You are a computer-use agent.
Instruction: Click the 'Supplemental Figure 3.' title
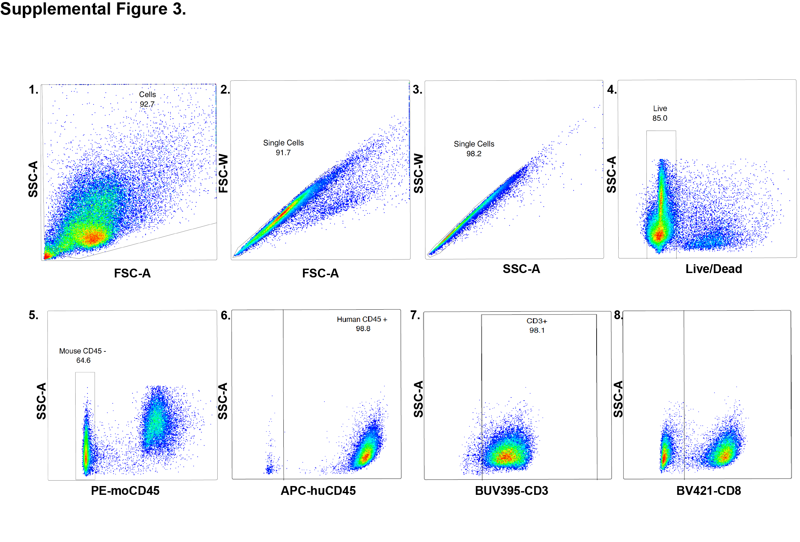click(x=93, y=9)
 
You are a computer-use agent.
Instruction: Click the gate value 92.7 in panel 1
click(x=147, y=104)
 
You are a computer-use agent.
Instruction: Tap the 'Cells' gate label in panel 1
click(x=147, y=94)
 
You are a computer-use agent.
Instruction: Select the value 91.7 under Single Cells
click(x=283, y=153)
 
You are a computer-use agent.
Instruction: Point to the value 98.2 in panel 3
click(x=474, y=154)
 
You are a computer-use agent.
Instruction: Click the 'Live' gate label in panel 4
click(x=660, y=109)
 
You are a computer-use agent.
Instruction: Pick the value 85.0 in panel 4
click(x=660, y=118)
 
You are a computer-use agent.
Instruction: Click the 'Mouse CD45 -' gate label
click(x=83, y=351)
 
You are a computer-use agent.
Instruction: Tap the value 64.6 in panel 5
click(x=83, y=360)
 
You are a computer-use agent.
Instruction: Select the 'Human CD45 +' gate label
click(x=362, y=319)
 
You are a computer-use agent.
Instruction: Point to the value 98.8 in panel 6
click(x=363, y=329)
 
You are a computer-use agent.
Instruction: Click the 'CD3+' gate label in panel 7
click(x=537, y=321)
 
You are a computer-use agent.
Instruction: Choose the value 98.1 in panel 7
click(x=537, y=330)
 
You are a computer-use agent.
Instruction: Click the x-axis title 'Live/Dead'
click(x=714, y=269)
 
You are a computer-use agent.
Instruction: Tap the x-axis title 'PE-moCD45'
click(x=125, y=490)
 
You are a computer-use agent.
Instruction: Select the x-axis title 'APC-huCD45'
click(x=318, y=490)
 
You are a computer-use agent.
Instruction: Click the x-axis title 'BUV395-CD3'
click(x=512, y=490)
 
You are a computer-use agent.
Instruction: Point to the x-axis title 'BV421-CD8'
click(x=708, y=490)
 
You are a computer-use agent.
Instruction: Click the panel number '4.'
click(x=612, y=90)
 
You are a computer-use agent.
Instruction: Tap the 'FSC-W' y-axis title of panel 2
click(x=223, y=173)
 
